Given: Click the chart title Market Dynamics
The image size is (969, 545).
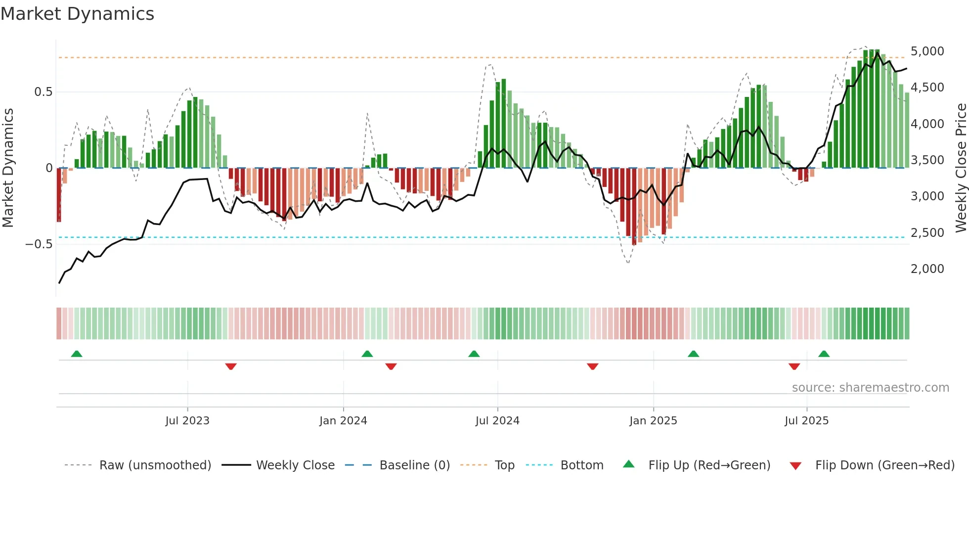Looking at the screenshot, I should pos(77,14).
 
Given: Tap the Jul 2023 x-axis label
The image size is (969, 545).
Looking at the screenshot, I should pos(187,421).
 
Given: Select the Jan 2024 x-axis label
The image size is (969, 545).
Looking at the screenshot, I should pos(343,421).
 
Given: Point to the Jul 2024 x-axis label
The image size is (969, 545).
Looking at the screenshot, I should pos(497,421).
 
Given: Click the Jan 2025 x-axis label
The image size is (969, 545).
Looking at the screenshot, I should pos(653,421).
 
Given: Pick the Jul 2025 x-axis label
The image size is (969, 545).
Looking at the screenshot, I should pos(806,421).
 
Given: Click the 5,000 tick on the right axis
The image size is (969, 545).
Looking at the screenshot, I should pos(927,51).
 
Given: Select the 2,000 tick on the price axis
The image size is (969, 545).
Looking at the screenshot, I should pos(927,269).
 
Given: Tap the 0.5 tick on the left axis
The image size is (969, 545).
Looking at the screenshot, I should pos(43,92).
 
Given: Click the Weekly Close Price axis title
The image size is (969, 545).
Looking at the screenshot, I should pos(961,168).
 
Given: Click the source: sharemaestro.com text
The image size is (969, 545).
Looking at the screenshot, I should pos(870,388).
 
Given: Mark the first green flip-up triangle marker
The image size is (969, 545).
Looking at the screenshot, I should pos(77,354).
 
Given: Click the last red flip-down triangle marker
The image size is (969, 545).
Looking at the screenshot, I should pos(794,366).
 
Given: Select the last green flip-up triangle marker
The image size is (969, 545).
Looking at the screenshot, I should pos(824,354).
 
